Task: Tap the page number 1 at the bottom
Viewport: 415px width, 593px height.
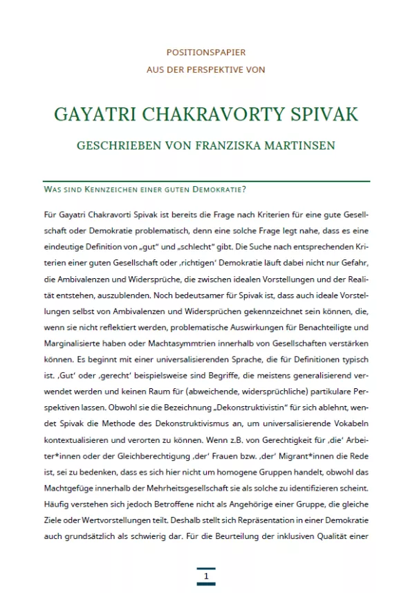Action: pyautogui.click(x=206, y=576)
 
